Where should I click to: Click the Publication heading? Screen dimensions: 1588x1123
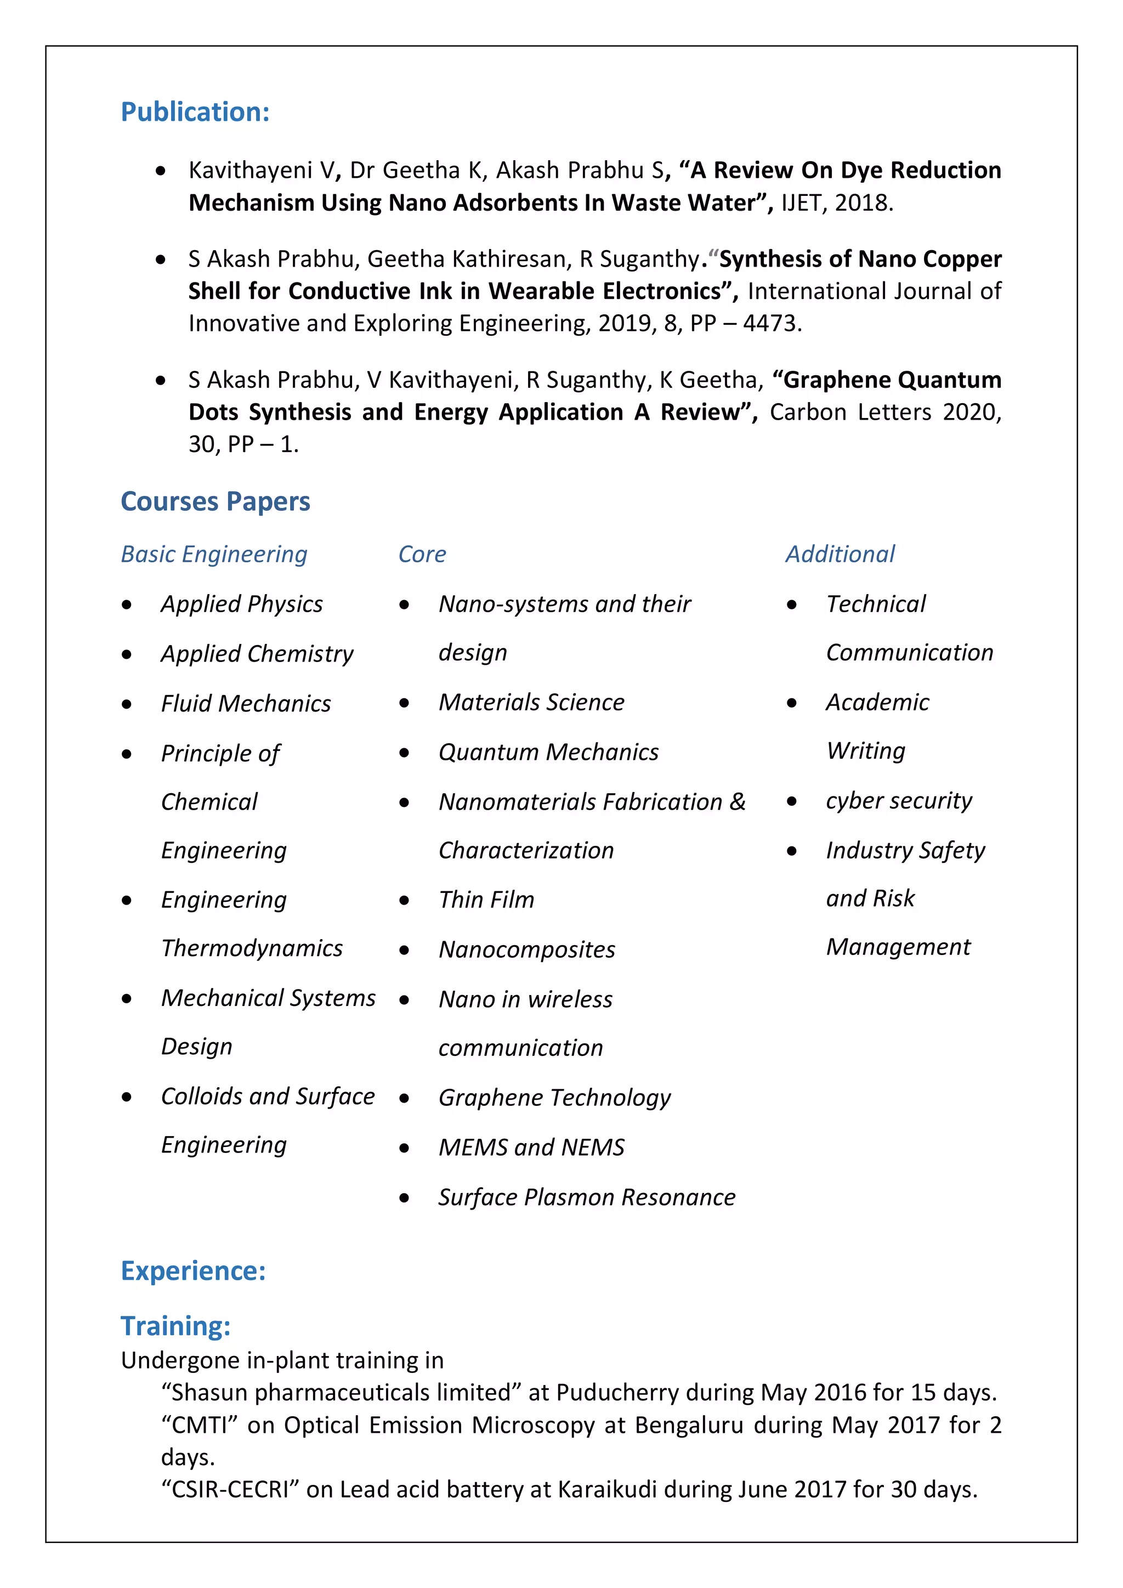[x=195, y=112]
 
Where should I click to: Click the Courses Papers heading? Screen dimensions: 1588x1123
[x=215, y=501]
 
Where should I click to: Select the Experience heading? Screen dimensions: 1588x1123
[x=193, y=1270]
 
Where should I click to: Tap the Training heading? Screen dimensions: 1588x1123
[x=175, y=1326]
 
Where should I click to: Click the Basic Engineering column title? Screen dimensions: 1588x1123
[x=214, y=554]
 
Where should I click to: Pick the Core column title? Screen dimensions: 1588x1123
[x=422, y=554]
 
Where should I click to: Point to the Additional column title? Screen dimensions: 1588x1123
[x=840, y=554]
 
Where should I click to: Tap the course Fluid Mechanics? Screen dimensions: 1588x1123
[x=246, y=703]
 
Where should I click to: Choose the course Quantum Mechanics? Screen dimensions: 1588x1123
[x=548, y=752]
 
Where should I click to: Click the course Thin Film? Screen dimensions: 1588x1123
[x=486, y=899]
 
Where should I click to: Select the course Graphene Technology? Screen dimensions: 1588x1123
[x=554, y=1098]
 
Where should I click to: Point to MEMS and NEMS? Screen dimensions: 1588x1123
[x=531, y=1148]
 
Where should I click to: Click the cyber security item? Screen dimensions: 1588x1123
[x=898, y=800]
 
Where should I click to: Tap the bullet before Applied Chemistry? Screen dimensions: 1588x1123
[x=127, y=654]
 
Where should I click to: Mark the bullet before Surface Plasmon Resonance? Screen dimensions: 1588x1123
[x=405, y=1198]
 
